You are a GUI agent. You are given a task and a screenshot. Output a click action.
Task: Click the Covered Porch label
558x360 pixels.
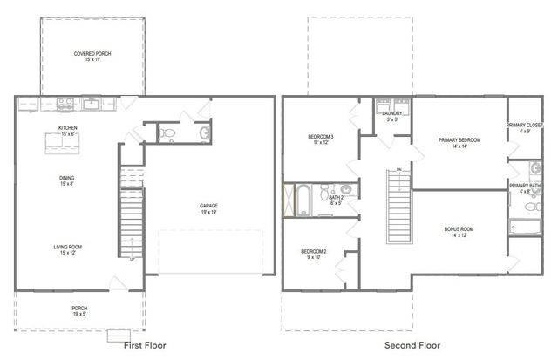[92, 53]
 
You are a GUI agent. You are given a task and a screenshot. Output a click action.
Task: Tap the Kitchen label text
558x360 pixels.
[68, 127]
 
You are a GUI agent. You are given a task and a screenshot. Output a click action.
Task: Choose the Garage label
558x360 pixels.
[208, 206]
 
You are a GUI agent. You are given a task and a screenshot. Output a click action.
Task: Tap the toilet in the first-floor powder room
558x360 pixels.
[169, 133]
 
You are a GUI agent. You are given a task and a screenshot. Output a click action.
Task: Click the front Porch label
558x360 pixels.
[79, 308]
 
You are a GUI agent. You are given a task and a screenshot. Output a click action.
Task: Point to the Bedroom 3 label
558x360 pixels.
[321, 138]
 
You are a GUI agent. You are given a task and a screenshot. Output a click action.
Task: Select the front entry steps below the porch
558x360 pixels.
[119, 336]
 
